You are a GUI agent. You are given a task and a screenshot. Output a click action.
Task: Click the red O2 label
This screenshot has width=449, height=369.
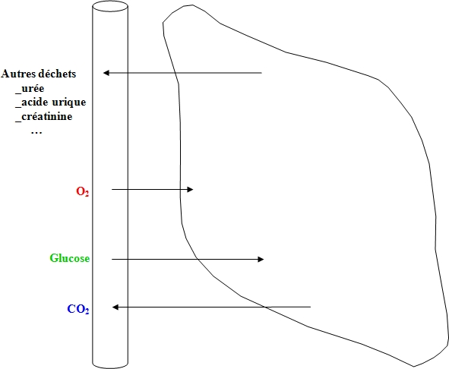click(x=83, y=191)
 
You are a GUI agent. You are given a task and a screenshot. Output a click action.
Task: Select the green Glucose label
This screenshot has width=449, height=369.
click(x=70, y=258)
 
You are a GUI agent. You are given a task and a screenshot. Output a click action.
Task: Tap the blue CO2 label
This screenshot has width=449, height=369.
click(x=78, y=309)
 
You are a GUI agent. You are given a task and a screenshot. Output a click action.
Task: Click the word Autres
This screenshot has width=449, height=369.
click(x=19, y=74)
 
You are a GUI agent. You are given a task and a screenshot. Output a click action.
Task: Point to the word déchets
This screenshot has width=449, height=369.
click(x=57, y=74)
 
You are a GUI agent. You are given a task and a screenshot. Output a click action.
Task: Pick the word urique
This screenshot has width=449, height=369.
click(x=69, y=102)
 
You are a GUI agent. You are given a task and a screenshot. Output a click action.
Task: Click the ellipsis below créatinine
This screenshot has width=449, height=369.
click(x=36, y=132)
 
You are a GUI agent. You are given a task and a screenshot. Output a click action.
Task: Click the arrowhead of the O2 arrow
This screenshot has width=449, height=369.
click(x=190, y=189)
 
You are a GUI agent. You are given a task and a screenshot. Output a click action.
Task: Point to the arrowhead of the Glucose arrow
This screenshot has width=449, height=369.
click(x=261, y=260)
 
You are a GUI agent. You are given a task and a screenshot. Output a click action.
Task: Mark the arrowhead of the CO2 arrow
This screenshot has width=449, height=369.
click(x=115, y=307)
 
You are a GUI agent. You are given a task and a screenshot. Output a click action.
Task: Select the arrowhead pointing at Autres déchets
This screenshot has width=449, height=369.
click(x=106, y=73)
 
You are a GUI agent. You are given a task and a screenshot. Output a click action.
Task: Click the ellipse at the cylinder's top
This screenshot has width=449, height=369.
click(x=110, y=6)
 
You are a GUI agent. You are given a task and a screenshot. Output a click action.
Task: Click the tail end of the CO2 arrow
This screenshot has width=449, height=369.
click(x=311, y=307)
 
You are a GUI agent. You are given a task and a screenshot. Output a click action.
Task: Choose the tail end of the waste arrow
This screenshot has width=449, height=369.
click(x=261, y=73)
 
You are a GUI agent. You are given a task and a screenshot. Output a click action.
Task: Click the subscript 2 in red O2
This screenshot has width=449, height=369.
click(x=87, y=194)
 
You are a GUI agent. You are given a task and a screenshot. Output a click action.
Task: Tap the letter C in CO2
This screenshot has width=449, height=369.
click(x=71, y=309)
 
